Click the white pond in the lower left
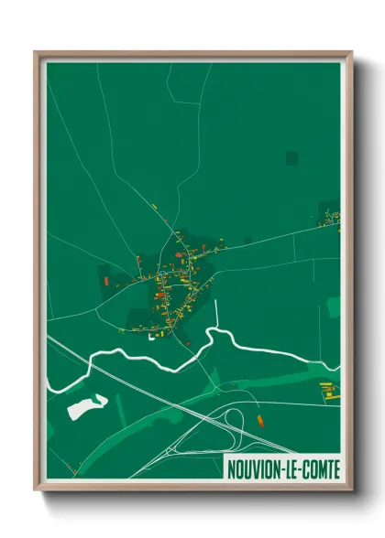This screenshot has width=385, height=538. click(87, 404)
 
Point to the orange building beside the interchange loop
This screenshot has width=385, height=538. click(262, 421)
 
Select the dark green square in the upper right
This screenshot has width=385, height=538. click(291, 158)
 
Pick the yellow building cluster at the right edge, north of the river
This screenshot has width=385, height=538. click(330, 218)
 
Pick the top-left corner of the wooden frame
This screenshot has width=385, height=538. click(36, 52)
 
